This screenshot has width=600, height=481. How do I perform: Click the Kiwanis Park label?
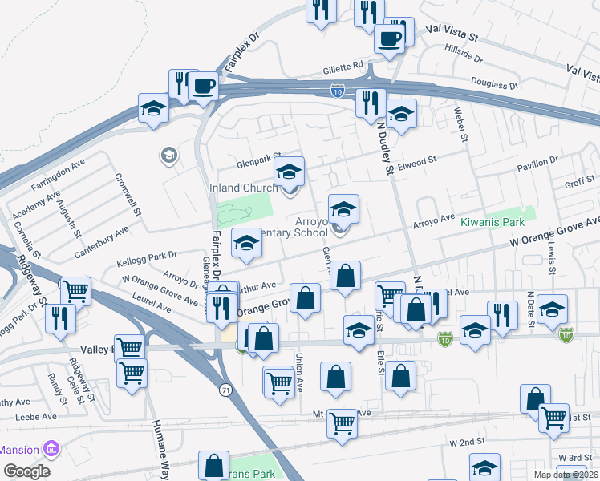pyautogui.click(x=497, y=220)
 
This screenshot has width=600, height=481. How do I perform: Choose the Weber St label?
pyautogui.click(x=460, y=125)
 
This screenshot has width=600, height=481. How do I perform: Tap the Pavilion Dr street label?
pyautogui.click(x=537, y=165)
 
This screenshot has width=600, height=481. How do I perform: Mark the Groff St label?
pyautogui.click(x=578, y=184)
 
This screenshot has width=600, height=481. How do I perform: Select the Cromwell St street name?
pyautogui.click(x=128, y=196)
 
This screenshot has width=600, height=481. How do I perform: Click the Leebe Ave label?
pyautogui.click(x=39, y=417)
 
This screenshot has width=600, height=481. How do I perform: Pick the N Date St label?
pyautogui.click(x=530, y=307)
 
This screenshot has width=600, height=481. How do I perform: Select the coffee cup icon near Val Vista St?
pyautogui.click(x=391, y=38)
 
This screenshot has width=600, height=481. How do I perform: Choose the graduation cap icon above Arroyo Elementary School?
pyautogui.click(x=344, y=210)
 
